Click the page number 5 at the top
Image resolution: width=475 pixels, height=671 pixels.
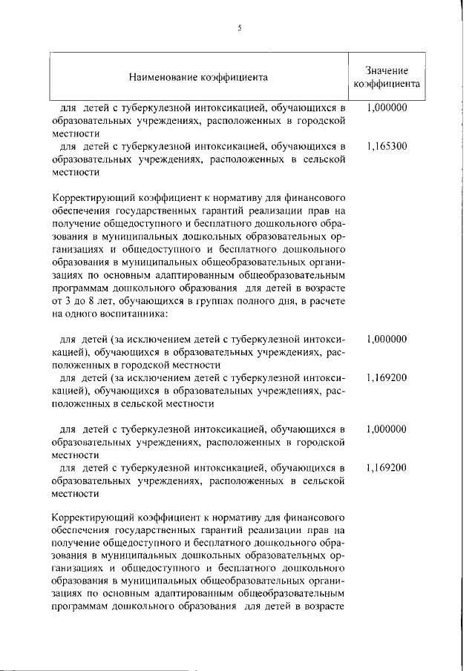pyautogui.click(x=240, y=28)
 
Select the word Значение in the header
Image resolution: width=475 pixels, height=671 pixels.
pyautogui.click(x=387, y=69)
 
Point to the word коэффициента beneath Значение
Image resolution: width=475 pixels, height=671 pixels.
pyautogui.click(x=387, y=84)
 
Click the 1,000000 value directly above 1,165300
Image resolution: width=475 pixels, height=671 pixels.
pyautogui.click(x=387, y=108)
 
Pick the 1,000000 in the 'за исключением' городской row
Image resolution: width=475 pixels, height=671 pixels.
pyautogui.click(x=387, y=339)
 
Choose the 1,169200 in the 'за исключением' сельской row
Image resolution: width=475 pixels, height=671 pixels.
pyautogui.click(x=387, y=377)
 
